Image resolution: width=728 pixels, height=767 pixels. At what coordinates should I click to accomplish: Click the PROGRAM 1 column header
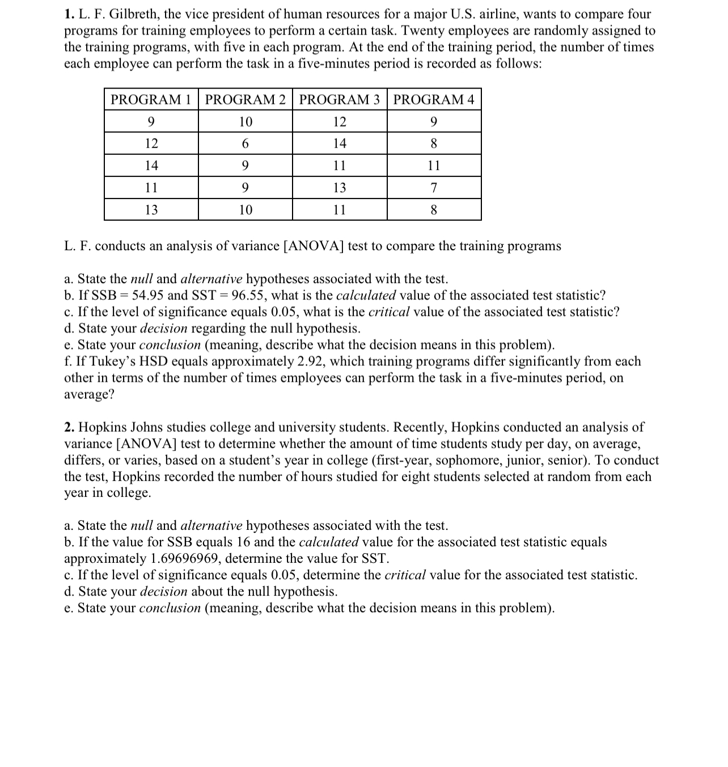coord(151,100)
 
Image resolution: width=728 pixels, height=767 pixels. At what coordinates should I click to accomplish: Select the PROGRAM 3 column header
coord(339,100)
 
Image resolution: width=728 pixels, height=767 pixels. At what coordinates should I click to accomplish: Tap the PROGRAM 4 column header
coord(434,100)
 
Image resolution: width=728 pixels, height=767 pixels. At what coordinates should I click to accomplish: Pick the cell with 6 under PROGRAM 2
coord(245,144)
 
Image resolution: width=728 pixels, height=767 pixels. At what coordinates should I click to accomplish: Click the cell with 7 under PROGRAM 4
coord(434,188)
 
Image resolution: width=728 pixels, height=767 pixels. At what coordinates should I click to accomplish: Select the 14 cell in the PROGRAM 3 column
coord(339,144)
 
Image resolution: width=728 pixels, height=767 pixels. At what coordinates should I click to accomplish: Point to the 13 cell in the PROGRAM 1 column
coord(151,210)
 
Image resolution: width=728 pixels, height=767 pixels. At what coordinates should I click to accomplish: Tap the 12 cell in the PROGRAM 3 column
coord(339,122)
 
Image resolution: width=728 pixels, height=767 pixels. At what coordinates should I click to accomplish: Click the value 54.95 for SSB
coord(148,296)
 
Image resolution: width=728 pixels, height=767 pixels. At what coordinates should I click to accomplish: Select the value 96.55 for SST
coord(249,296)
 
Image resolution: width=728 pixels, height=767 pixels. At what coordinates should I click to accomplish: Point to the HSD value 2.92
coord(310,361)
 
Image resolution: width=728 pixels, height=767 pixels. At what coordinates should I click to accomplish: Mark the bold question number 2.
coord(68,427)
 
